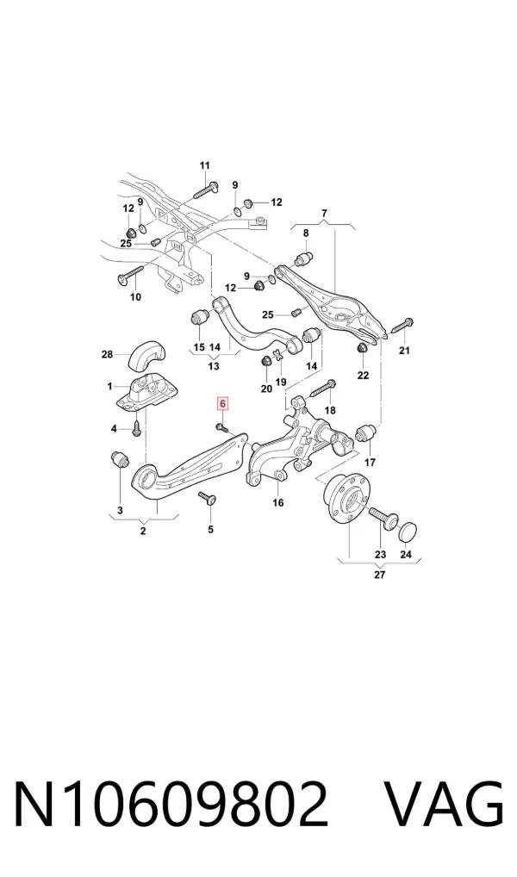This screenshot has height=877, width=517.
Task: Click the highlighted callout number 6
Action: [x=222, y=403]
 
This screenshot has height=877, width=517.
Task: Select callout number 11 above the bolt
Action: [x=205, y=165]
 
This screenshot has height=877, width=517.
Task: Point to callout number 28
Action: [x=107, y=354]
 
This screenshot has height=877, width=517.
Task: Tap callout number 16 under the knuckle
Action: [x=278, y=503]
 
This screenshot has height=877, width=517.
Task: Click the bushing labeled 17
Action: [x=367, y=433]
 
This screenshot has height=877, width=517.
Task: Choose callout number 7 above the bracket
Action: [x=324, y=213]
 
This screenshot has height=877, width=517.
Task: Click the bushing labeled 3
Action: [x=119, y=459]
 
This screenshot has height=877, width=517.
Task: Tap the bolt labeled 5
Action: [x=209, y=500]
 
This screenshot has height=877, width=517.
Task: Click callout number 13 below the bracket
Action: [x=213, y=367]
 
